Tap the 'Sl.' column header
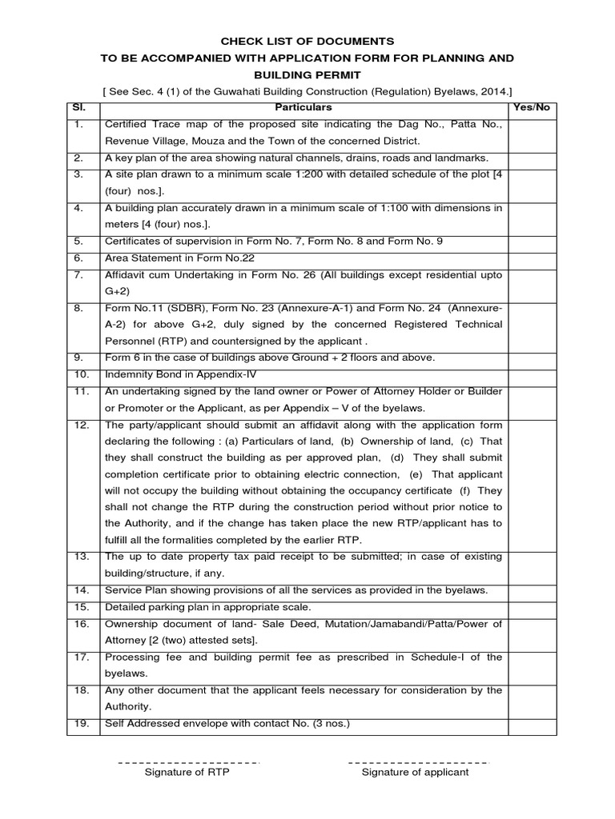pos(77,107)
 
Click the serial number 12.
pos(78,425)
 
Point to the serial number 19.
pos(78,724)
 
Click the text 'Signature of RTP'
pos(187,773)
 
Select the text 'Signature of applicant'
pos(415,773)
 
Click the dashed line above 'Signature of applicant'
pos(417,761)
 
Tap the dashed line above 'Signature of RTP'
pos(189,761)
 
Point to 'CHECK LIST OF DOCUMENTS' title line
pos(307,40)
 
